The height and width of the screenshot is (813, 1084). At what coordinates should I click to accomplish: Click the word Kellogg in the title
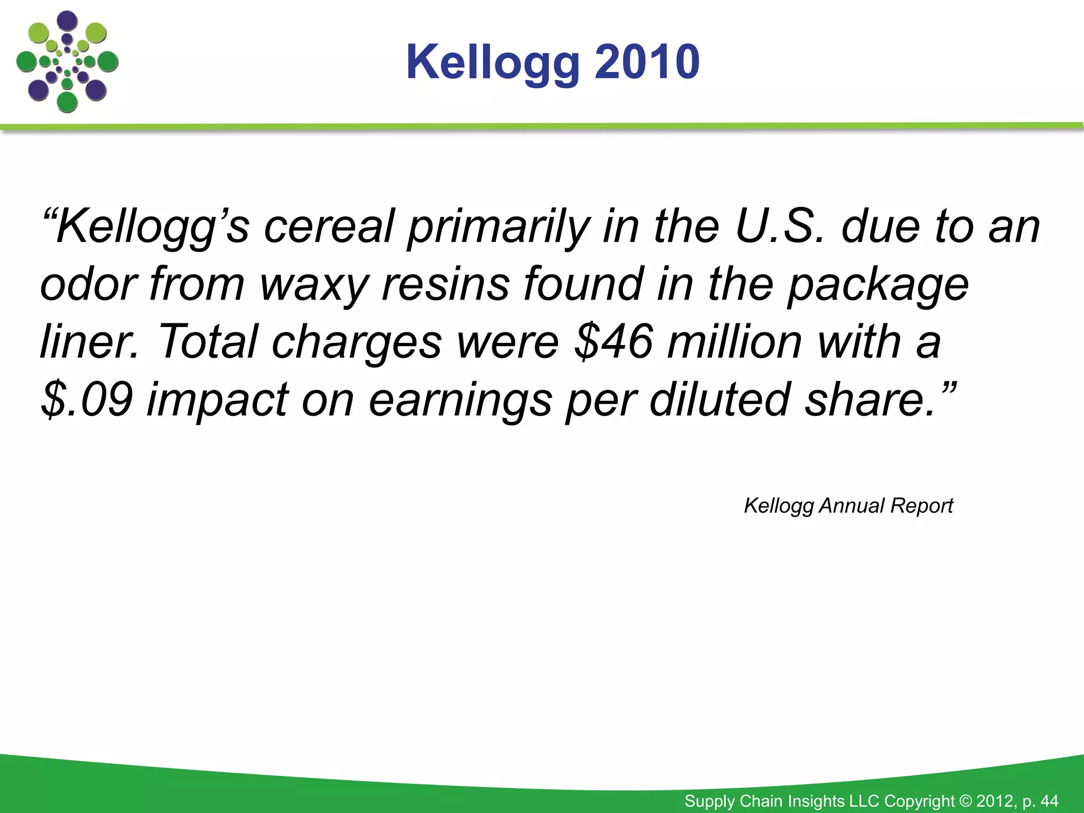pos(493,63)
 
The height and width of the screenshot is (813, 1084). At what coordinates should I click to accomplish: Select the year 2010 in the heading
pos(647,62)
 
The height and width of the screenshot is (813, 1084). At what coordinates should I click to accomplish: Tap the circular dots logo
pos(67,62)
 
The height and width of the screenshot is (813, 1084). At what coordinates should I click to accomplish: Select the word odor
pos(89,285)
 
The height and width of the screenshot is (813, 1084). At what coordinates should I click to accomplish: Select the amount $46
pos(614,342)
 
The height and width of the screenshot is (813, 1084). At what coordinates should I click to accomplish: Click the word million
pos(735,342)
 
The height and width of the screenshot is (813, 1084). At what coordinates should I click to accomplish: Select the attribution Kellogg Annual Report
pos(848,506)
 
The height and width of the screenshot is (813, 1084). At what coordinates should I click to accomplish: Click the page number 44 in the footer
pos(1049,801)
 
